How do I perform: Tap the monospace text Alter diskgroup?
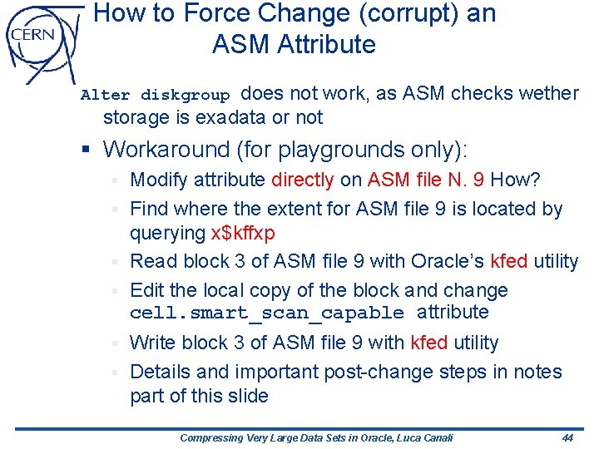[x=155, y=95]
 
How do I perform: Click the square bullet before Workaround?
[x=86, y=150]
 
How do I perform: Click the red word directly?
[x=302, y=180]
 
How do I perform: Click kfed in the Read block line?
[x=509, y=261]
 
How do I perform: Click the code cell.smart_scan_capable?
[x=267, y=313]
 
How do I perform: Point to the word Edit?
[x=147, y=290]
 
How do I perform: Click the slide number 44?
[x=567, y=437]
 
